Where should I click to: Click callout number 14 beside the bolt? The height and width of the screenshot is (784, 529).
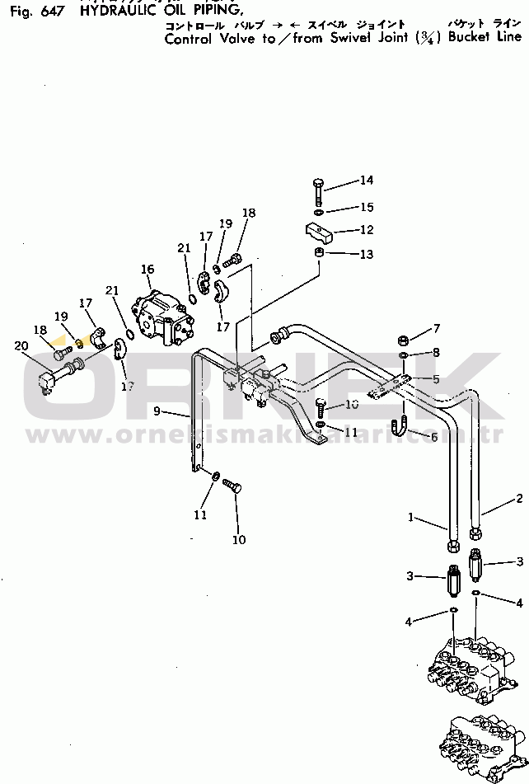pos(366,180)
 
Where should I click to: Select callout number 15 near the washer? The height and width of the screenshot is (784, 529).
pos(366,208)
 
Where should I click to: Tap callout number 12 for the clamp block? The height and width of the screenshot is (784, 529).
pos(366,231)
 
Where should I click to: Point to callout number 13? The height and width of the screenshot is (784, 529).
pos(366,254)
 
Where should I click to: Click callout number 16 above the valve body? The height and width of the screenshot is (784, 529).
pos(147,269)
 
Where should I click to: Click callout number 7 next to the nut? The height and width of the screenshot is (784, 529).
pos(436,329)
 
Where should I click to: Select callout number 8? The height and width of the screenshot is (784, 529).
pos(436,353)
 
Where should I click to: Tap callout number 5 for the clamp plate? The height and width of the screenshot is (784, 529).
pos(436,378)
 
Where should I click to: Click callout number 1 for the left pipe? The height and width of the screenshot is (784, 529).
pos(410,517)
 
